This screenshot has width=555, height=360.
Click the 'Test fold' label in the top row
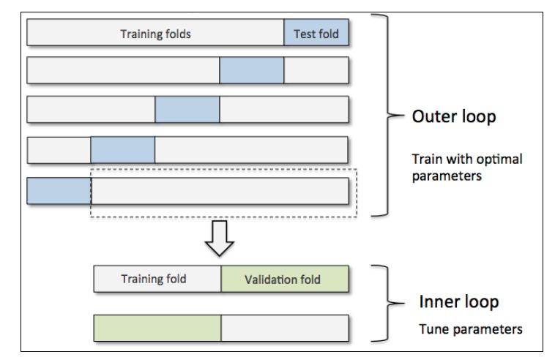[316, 34]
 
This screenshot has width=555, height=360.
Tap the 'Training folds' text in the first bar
[155, 34]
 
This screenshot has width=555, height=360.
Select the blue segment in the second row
[252, 70]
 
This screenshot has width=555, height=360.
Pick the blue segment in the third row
[187, 109]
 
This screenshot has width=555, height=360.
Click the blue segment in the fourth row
[123, 150]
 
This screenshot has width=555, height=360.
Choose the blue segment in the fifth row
[59, 191]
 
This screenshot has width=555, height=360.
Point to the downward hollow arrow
[220, 239]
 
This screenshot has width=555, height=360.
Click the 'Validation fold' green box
[285, 279]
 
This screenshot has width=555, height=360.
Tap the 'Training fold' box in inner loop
[157, 279]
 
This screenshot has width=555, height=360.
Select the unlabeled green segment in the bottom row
[157, 329]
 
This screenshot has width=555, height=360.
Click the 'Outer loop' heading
[454, 116]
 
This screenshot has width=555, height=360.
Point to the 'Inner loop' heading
[459, 301]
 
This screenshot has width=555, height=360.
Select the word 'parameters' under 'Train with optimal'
[447, 176]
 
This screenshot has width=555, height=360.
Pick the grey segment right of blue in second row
[316, 70]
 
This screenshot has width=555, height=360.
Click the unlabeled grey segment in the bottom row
[285, 329]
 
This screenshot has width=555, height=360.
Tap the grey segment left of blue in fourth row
[59, 150]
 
